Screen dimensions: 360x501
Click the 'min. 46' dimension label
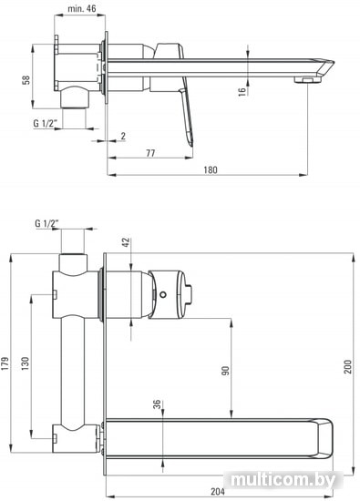coord(81,8)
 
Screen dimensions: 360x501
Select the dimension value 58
coord(26,80)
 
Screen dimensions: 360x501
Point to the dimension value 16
coord(242,91)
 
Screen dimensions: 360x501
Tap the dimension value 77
coord(150,153)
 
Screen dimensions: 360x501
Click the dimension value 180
coord(210,169)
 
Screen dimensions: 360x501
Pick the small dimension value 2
coord(123,136)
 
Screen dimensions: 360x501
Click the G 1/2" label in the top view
coord(45,123)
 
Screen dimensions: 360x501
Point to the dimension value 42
coord(127,242)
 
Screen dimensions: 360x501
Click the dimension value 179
coord(5,363)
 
